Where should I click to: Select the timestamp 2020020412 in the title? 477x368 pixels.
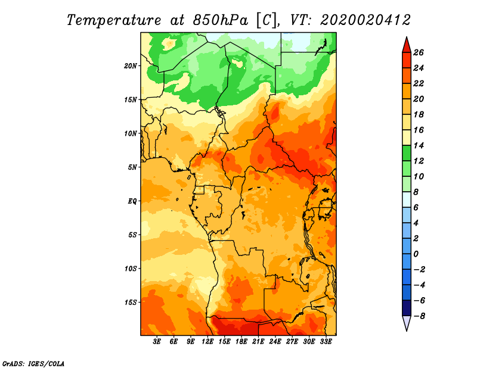[365, 20]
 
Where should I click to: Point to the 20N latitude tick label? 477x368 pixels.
[131, 66]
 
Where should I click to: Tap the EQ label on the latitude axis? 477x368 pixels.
[132, 201]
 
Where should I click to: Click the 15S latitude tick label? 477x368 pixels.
[131, 302]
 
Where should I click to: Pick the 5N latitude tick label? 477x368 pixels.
[132, 167]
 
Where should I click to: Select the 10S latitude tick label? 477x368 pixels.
[131, 268]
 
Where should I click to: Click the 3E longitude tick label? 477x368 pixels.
[157, 342]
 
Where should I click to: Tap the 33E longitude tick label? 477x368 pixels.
[326, 342]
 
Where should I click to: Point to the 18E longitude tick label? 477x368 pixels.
[241, 342]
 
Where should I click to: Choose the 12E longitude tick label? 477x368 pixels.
[207, 342]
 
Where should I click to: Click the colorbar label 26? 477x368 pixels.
[418, 52]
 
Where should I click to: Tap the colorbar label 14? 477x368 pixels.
[418, 145]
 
